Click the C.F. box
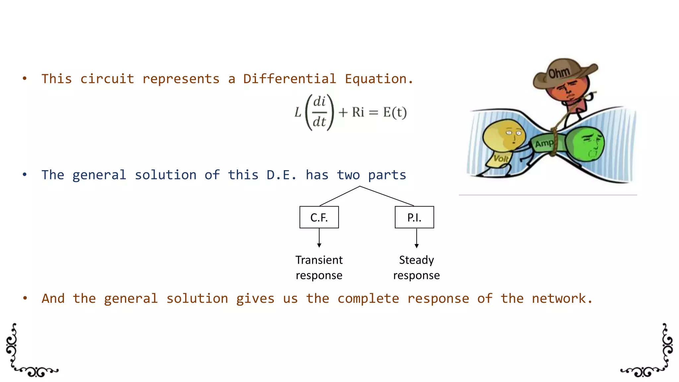click(x=319, y=217)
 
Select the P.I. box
click(x=414, y=217)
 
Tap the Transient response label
click(x=319, y=268)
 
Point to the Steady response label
click(x=416, y=268)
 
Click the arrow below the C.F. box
click(x=319, y=238)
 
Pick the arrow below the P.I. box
click(x=416, y=238)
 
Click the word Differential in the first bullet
click(x=289, y=79)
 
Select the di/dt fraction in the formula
click(x=319, y=112)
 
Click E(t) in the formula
click(x=395, y=112)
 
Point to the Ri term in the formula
click(x=358, y=112)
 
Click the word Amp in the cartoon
click(x=544, y=144)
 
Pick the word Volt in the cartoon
click(x=500, y=159)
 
